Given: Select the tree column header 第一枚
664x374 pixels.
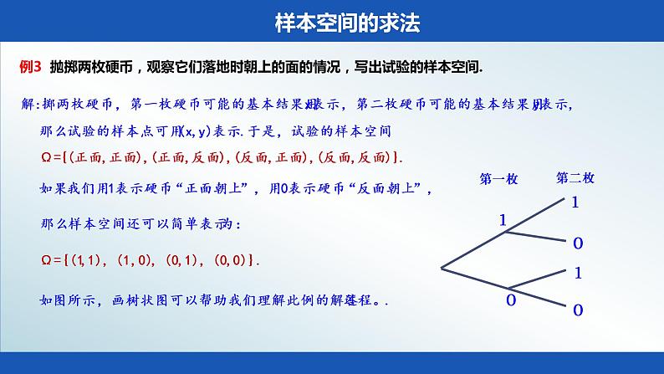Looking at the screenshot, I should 498,178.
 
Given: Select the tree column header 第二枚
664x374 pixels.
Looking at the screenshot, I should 575,178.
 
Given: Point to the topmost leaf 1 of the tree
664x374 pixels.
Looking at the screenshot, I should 575,202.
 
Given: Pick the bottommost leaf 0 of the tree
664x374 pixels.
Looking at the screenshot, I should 577,310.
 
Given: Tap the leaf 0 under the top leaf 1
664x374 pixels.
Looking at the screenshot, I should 577,243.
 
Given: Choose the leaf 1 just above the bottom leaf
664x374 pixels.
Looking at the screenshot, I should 577,273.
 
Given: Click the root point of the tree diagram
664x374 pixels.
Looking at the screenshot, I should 442,268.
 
